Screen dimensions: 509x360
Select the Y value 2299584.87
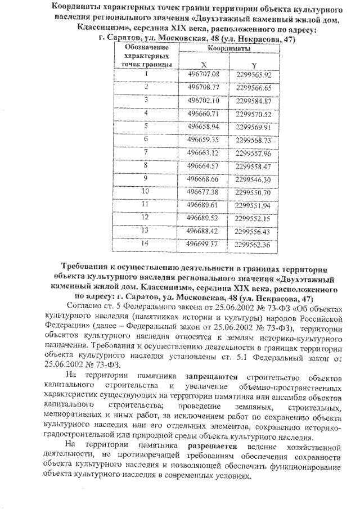tap(254, 101)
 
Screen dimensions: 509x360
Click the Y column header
tap(254, 64)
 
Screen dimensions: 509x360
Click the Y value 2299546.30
tap(254, 179)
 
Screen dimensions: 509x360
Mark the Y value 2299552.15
tap(254, 218)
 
